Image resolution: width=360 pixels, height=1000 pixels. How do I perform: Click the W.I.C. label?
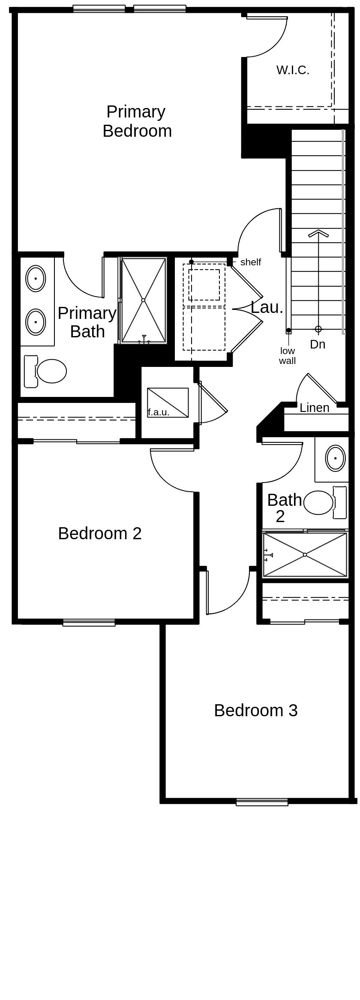tap(293, 70)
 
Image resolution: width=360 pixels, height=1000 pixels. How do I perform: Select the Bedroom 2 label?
tap(99, 534)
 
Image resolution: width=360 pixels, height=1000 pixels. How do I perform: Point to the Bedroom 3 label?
tap(255, 710)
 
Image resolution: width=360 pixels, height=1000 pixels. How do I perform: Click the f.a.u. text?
tap(159, 412)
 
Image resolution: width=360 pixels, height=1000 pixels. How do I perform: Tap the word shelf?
tap(250, 262)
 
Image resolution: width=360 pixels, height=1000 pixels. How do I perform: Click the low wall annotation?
tap(287, 356)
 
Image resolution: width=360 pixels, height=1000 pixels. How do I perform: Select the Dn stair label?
tap(318, 344)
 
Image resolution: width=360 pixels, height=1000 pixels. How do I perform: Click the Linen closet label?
tap(314, 408)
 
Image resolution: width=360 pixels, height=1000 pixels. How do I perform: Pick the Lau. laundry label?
tap(267, 307)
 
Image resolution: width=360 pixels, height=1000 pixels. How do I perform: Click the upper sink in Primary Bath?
tap(36, 278)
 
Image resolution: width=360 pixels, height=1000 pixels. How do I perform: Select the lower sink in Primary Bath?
tap(36, 321)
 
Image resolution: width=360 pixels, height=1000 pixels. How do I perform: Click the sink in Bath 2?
tap(335, 458)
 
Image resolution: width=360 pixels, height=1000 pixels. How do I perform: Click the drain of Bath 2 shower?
tap(305, 555)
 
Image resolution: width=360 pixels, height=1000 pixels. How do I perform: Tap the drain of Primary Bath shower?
tap(144, 300)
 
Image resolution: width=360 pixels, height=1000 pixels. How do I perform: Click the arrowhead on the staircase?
tap(318, 234)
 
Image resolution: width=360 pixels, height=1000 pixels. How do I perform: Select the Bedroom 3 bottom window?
tap(262, 802)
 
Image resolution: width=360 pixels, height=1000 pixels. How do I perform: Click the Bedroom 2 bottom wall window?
tap(89, 623)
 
